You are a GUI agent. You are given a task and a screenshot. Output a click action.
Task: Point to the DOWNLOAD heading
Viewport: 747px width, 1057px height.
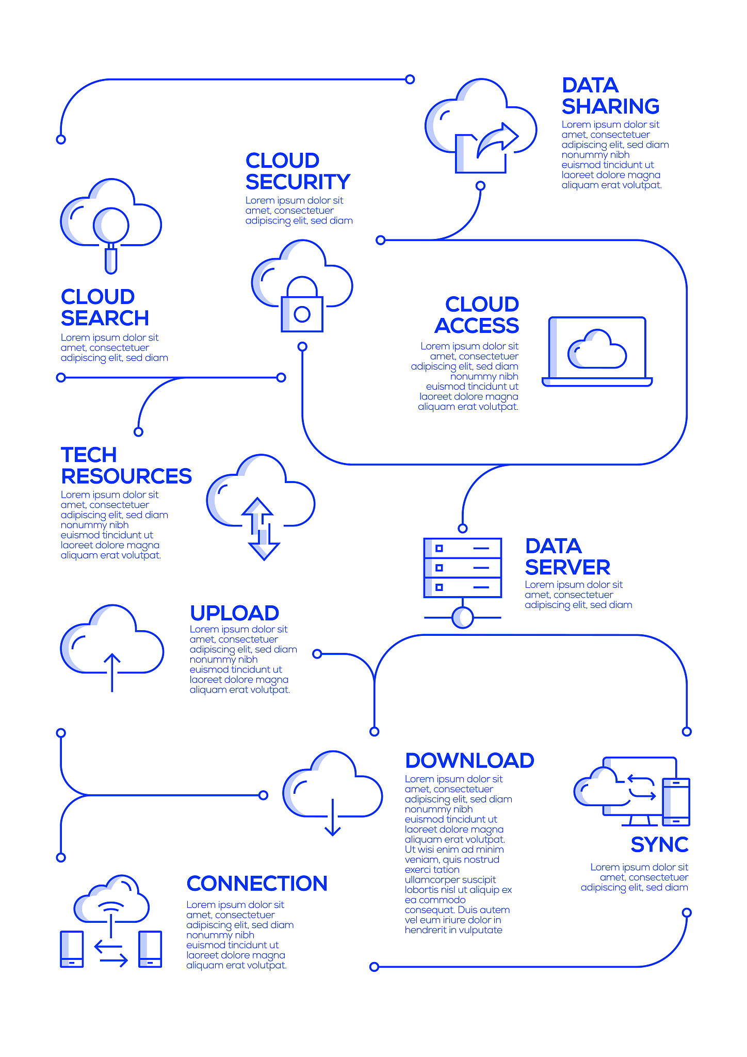(469, 761)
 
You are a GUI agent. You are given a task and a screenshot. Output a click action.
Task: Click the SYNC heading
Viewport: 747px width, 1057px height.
(659, 845)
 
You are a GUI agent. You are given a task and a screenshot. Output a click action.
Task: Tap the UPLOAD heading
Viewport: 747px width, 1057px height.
(234, 613)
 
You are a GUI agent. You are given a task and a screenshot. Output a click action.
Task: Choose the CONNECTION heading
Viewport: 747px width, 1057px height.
(257, 884)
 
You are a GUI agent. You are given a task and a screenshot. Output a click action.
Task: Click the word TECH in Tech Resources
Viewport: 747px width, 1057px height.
(89, 455)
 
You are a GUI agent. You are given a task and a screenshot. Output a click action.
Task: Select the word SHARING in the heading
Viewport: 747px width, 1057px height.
(610, 107)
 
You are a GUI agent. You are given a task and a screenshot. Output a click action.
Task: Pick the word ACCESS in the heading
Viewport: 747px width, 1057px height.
(477, 326)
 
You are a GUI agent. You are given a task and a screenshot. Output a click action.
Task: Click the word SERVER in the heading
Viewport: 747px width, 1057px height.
(567, 568)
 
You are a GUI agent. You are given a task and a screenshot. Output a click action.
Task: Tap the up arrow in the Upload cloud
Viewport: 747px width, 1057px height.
(112, 671)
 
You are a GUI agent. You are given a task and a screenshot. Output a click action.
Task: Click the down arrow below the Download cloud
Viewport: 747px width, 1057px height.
(333, 818)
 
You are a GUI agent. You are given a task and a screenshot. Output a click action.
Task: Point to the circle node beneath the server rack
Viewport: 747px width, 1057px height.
(463, 618)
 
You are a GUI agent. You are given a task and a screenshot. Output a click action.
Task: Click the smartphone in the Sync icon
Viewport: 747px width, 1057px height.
(676, 802)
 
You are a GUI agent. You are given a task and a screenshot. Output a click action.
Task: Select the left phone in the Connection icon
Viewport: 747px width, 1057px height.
(72, 949)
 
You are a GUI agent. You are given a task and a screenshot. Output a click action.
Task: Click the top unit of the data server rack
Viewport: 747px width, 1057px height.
(463, 548)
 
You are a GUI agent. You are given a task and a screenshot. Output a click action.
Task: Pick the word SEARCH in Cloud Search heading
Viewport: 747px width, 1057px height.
(105, 318)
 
